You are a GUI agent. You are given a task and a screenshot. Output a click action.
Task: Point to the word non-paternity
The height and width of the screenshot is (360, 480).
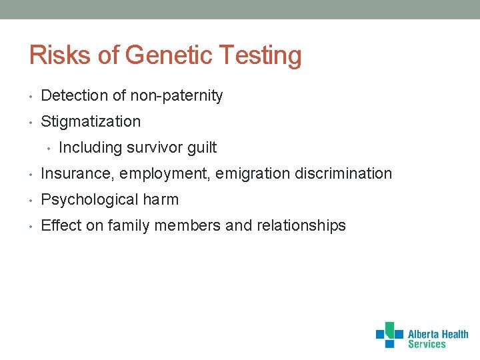coord(176,96)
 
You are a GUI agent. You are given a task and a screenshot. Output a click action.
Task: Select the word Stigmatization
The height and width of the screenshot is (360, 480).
coord(91,122)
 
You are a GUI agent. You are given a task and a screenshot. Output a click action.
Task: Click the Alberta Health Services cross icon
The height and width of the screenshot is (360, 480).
coord(389,335)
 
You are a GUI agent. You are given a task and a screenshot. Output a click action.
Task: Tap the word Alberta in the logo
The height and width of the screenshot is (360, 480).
coord(424,335)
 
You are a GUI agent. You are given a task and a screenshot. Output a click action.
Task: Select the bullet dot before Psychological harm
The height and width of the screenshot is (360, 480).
coord(32,200)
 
